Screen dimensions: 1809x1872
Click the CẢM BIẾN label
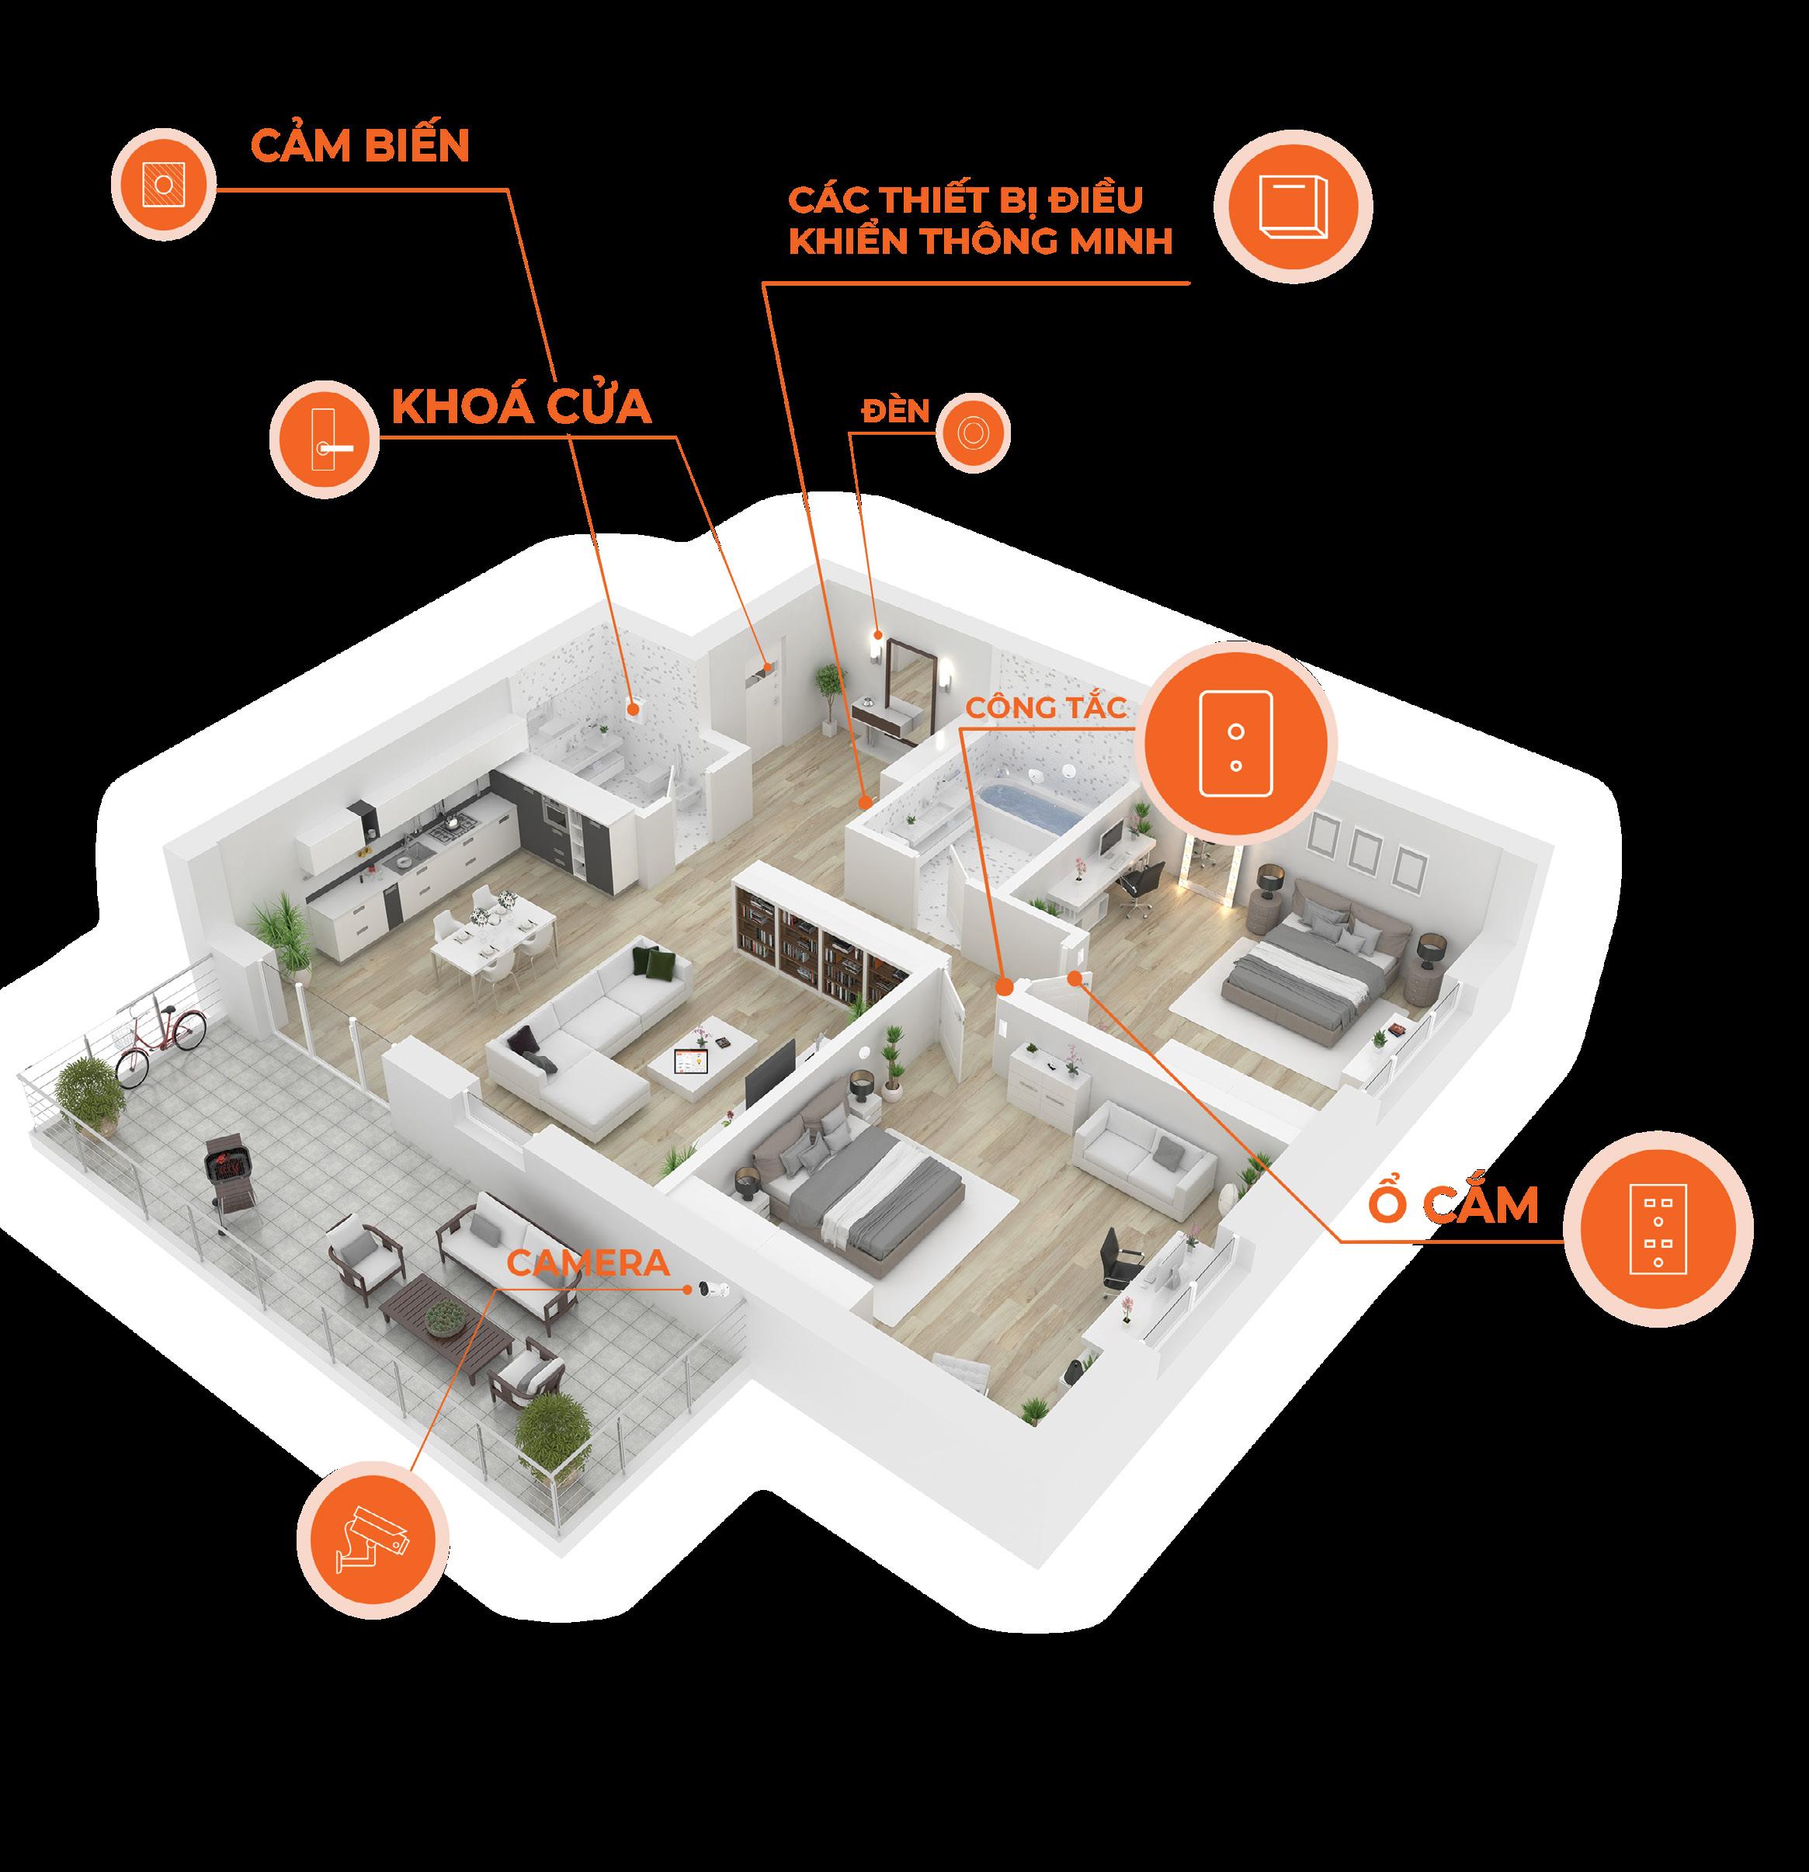(359, 145)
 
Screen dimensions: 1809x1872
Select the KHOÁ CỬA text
(520, 408)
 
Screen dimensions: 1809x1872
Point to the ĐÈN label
(894, 411)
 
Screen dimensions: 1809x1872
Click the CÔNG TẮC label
(1046, 708)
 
